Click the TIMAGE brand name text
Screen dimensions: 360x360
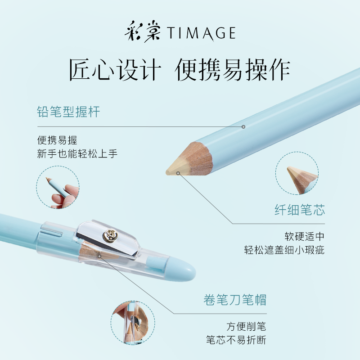pyautogui.click(x=202, y=33)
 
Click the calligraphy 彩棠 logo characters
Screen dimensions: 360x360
pyautogui.click(x=142, y=32)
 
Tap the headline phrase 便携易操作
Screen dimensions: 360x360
pyautogui.click(x=233, y=70)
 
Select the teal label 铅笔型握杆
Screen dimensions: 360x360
pyautogui.click(x=68, y=112)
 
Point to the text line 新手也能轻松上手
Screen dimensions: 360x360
pyautogui.click(x=77, y=153)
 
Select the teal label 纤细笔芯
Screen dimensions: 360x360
pyautogui.click(x=299, y=210)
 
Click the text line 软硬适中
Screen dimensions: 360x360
pyautogui.click(x=304, y=236)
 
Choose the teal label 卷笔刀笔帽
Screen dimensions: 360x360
pyautogui.click(x=234, y=300)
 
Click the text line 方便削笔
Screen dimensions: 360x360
pyautogui.click(x=246, y=326)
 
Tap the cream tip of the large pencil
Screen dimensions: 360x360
pyautogui.click(x=174, y=170)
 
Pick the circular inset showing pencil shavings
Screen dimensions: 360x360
pyautogui.click(x=133, y=323)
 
